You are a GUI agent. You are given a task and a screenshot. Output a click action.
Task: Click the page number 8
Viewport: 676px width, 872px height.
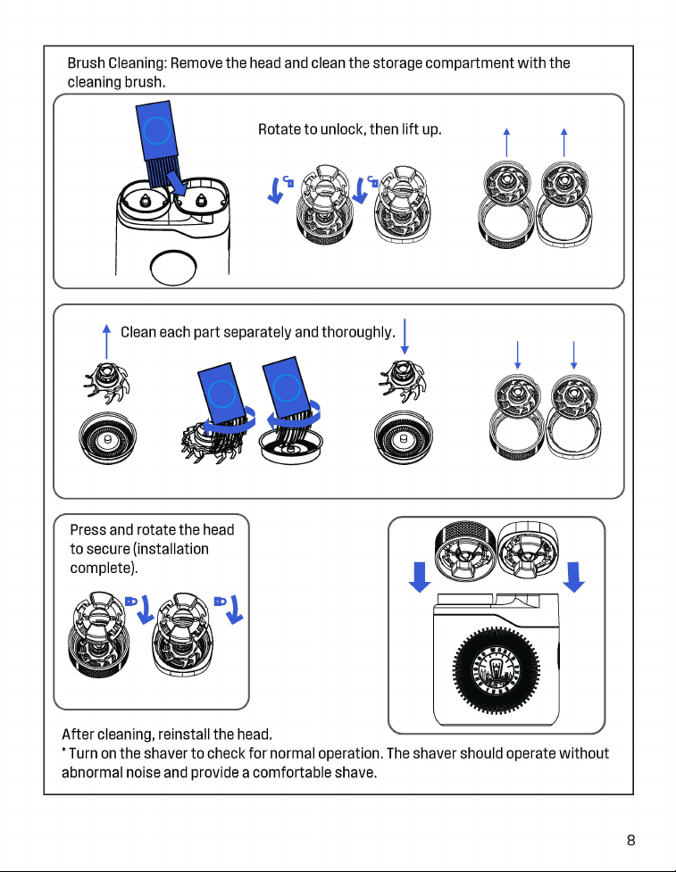tap(630, 840)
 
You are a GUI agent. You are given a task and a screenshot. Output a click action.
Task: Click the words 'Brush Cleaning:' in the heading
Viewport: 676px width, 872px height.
tap(117, 62)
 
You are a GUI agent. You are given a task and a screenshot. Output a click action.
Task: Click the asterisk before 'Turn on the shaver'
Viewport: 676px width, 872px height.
tap(64, 751)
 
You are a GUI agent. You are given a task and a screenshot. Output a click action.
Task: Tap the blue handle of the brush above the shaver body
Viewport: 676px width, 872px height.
tap(155, 130)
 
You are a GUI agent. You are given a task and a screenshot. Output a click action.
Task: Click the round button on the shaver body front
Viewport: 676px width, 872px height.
tap(173, 268)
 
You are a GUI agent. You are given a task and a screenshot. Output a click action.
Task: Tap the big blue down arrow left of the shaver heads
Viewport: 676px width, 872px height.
tap(420, 577)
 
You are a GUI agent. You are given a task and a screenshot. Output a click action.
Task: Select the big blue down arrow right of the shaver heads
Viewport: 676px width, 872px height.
tap(573, 577)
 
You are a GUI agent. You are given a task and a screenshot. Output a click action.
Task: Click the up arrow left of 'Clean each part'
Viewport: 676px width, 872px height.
tap(107, 342)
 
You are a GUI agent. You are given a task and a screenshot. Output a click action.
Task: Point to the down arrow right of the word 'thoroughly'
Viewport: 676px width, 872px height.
tap(405, 336)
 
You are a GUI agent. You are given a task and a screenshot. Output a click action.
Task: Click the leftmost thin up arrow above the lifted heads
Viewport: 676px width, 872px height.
tap(506, 143)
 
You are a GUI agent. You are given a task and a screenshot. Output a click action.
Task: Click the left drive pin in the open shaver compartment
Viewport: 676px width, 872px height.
tap(145, 200)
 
